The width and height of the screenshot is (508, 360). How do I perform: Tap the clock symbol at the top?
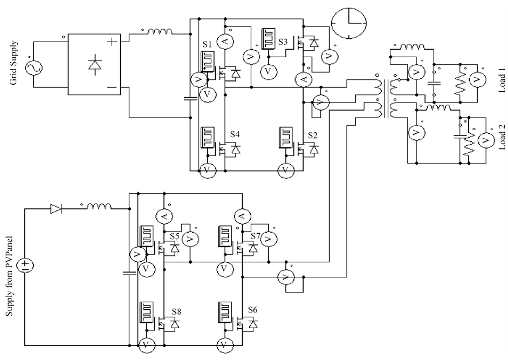tap(348, 24)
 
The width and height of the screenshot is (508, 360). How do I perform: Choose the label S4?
tap(235, 134)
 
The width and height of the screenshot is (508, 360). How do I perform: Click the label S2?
tap(312, 134)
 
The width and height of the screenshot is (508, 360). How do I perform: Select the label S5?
tap(174, 236)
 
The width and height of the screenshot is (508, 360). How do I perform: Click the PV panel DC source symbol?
tap(25, 265)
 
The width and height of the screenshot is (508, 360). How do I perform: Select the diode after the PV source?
tap(56, 208)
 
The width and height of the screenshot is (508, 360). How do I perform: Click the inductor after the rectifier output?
tap(157, 33)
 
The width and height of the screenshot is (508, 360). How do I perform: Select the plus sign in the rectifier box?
tap(113, 41)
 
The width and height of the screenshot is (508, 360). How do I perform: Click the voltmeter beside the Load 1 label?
tap(477, 80)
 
